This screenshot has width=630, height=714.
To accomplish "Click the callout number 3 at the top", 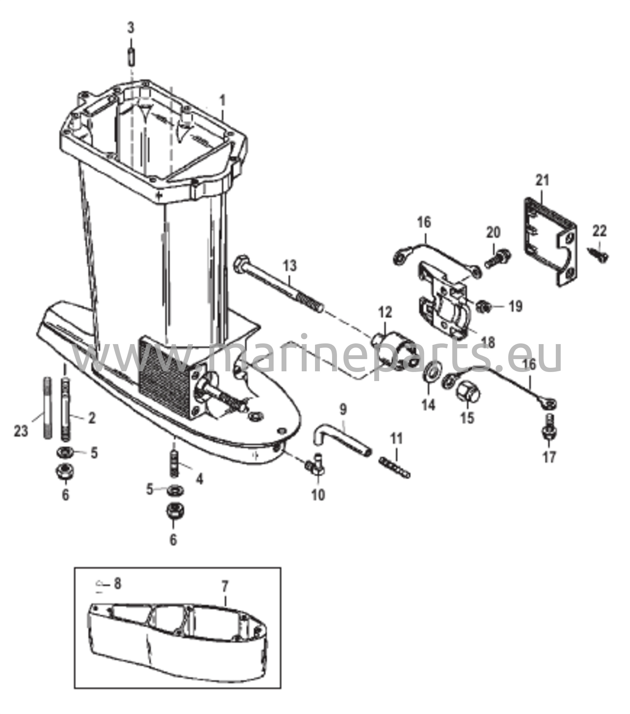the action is pos(130,28).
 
